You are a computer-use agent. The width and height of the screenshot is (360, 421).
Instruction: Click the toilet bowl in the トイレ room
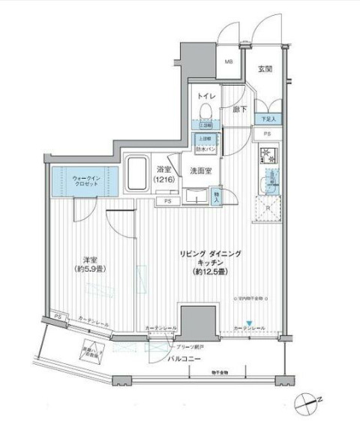click(x=205, y=110)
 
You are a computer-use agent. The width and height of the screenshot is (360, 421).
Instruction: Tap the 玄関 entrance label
click(x=265, y=70)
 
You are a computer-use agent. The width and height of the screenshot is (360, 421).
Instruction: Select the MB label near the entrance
click(x=229, y=64)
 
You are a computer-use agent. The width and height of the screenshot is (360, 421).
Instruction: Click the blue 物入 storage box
click(x=217, y=197)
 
